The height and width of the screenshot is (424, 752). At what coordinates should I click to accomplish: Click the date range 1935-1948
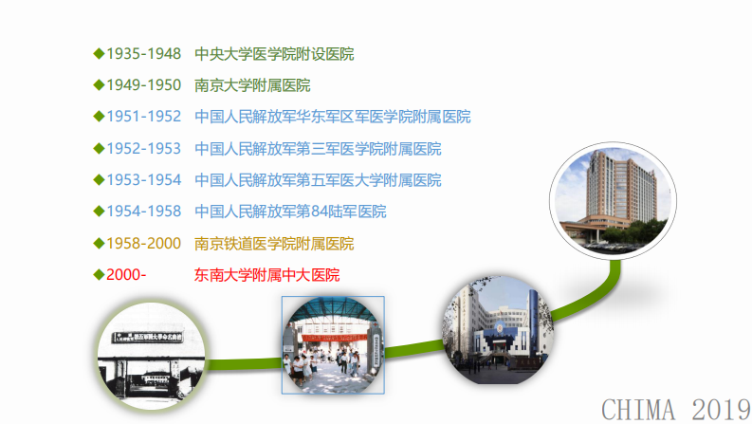(143, 54)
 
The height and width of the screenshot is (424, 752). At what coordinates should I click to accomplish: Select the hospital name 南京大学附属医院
(252, 85)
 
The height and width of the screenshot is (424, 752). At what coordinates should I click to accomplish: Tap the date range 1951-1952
(143, 117)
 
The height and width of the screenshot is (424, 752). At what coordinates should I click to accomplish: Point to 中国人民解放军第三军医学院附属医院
(318, 149)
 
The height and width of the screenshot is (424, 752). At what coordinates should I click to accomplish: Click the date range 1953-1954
(143, 180)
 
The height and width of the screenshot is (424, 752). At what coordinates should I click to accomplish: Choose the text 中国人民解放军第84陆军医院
(290, 212)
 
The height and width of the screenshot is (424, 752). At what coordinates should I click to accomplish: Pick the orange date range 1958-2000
(143, 244)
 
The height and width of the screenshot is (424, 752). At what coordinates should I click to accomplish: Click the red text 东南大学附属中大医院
(266, 275)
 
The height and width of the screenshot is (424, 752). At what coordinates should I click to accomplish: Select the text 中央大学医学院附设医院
(274, 54)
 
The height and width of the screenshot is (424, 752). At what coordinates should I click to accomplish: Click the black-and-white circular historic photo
(152, 357)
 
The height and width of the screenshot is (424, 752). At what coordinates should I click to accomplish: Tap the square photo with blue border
(333, 344)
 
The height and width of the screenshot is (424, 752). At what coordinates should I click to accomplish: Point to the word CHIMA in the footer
(637, 410)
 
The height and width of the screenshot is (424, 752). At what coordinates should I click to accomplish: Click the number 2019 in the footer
(721, 410)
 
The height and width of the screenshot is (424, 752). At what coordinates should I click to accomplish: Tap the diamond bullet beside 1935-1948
(99, 54)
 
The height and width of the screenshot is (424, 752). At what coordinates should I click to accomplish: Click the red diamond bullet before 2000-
(99, 275)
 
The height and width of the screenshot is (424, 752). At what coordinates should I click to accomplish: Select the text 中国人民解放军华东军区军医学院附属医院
(332, 117)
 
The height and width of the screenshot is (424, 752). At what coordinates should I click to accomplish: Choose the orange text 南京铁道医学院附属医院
(274, 244)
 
